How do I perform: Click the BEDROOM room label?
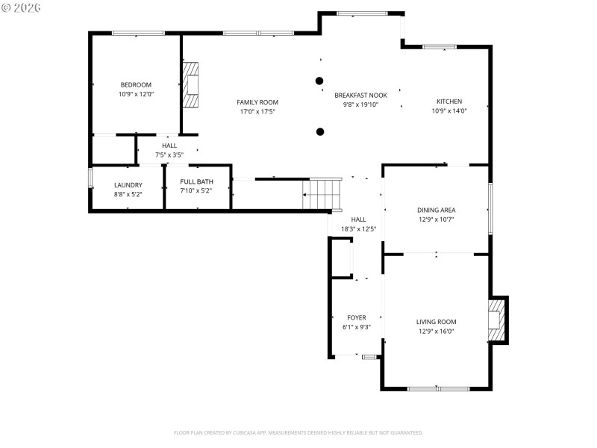[136, 84]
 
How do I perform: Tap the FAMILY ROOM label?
[257, 102]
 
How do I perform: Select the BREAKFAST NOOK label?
[360, 95]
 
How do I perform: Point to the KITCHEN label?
[449, 102]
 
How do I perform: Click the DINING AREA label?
[436, 210]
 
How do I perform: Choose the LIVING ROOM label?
[436, 322]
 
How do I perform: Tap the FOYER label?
[357, 317]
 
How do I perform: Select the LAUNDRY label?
[128, 184]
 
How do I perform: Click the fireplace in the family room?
[192, 84]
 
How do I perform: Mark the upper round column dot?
[319, 80]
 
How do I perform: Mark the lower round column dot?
[320, 132]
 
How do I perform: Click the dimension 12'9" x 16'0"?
[436, 331]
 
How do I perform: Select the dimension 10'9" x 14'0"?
[449, 111]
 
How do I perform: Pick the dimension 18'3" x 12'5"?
[358, 228]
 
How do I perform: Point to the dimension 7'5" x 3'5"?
[169, 155]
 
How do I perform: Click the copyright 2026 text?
[22, 7]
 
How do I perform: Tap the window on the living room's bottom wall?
[438, 388]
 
